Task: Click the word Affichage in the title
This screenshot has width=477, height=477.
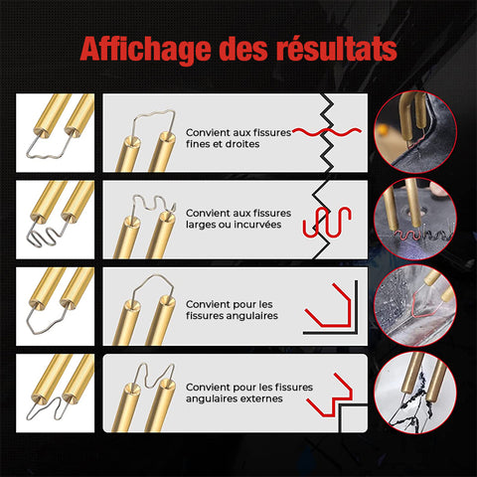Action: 146,49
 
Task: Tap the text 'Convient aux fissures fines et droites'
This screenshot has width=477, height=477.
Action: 238,138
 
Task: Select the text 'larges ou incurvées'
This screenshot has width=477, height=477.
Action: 234,225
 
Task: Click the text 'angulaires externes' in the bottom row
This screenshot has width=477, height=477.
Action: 235,398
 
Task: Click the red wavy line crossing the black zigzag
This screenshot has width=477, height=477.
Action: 326,132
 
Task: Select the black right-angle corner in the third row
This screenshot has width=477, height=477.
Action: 356,332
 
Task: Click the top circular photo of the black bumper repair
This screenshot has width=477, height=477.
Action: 415,132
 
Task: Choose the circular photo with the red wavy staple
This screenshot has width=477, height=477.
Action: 415,219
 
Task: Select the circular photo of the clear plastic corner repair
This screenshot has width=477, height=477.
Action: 415,305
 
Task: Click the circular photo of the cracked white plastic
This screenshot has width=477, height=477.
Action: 415,393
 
